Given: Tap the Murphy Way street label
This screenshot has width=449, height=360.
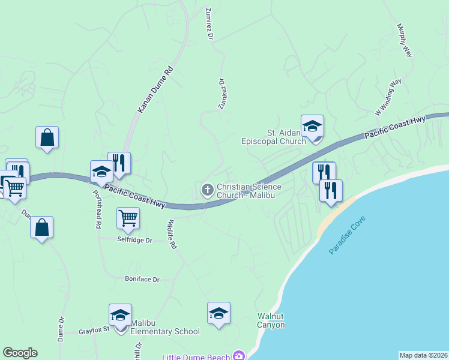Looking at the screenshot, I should click(405, 40).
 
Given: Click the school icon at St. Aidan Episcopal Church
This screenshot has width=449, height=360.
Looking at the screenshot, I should click(312, 127).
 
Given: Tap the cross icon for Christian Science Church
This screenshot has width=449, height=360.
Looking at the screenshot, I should click(207, 191).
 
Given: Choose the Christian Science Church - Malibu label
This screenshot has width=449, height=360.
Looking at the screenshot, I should click(249, 191).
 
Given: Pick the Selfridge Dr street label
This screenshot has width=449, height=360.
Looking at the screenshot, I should click(134, 240).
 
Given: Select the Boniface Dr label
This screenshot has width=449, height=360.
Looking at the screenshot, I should click(142, 280).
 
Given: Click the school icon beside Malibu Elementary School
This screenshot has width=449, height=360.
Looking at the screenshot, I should click(120, 316).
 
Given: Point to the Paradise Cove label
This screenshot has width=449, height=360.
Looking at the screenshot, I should click(348, 235).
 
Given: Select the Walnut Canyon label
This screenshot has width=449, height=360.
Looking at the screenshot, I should click(271, 320).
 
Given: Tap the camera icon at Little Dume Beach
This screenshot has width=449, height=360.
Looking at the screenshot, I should click(240, 356).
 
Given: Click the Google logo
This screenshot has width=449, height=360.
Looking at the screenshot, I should click(20, 353).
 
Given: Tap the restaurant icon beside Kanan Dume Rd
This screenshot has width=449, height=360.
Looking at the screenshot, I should click(119, 163).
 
